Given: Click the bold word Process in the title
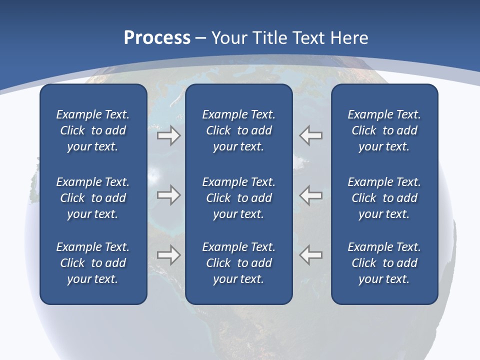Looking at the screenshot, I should click(157, 38).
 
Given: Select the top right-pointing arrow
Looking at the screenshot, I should click(168, 135).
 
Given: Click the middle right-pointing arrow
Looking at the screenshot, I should click(168, 194).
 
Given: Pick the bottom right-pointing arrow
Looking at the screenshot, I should click(168, 254).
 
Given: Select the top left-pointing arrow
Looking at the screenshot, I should click(311, 135).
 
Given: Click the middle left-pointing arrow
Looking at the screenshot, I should click(311, 194).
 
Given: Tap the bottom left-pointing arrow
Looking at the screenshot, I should click(311, 254).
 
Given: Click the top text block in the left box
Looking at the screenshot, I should click(93, 130).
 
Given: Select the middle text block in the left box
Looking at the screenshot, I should click(93, 198).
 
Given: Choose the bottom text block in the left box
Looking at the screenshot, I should click(93, 263).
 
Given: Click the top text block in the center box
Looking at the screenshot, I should click(238, 130).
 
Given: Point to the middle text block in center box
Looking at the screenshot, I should click(238, 198).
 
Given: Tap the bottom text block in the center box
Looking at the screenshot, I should click(238, 263).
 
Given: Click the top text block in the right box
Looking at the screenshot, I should click(384, 130).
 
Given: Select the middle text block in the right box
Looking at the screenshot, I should click(384, 198).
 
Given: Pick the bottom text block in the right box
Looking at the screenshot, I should click(384, 263).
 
